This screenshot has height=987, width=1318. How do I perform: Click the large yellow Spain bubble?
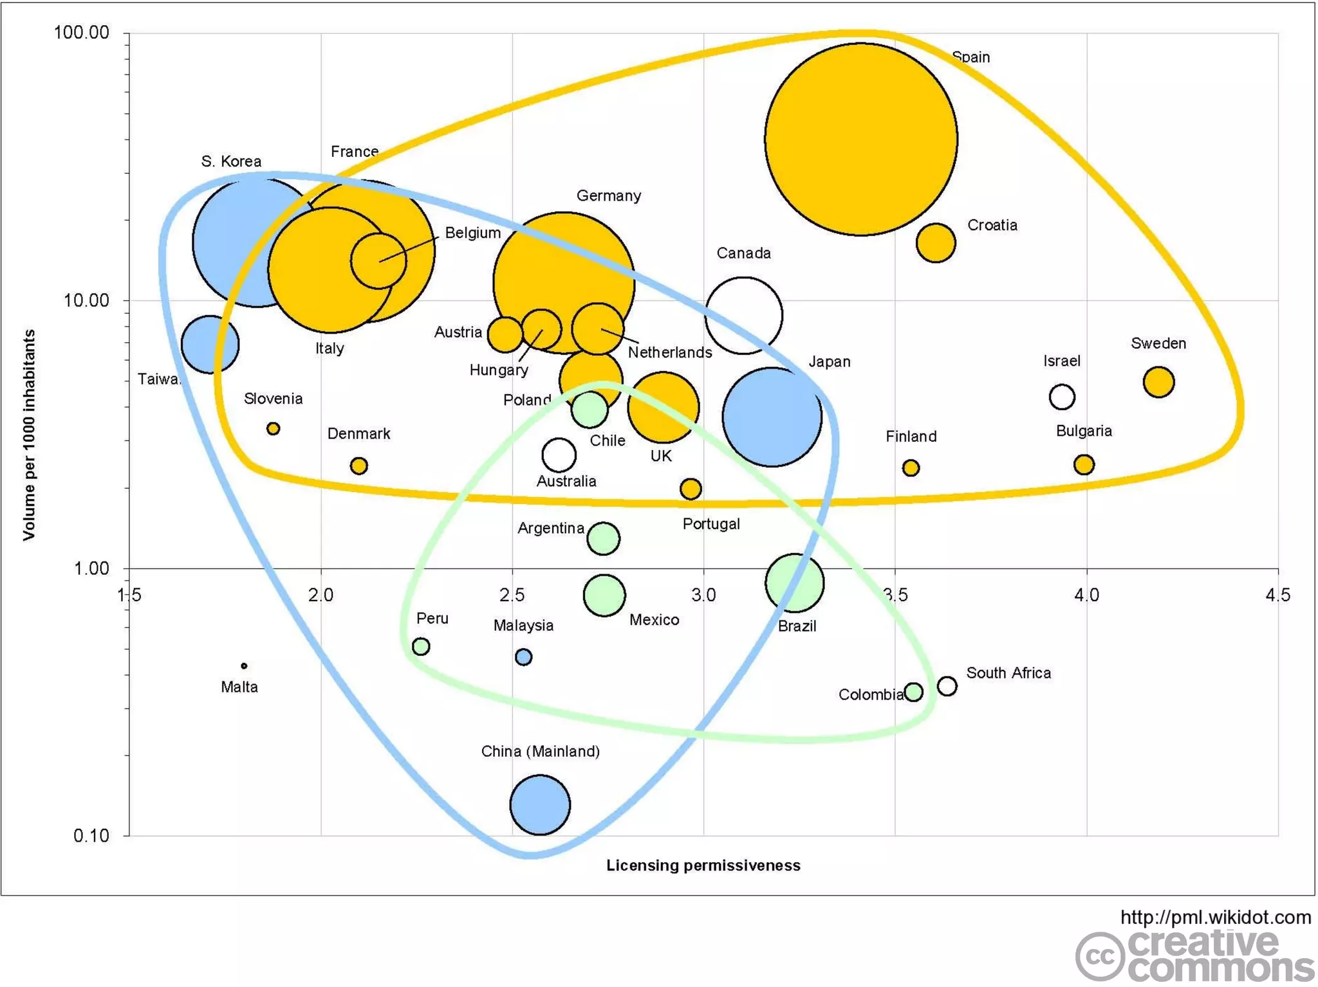pos(860,139)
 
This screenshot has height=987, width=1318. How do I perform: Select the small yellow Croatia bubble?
pos(935,243)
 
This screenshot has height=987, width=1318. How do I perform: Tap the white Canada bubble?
pos(743,316)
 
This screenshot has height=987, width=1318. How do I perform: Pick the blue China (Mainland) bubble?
pos(540,804)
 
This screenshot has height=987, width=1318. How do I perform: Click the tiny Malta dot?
pos(244,666)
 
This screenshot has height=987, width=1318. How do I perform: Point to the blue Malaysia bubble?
pos(523,657)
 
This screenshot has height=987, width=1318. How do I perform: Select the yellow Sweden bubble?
pos(1158,382)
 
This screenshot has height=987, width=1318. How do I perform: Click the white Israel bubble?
pos(1062,397)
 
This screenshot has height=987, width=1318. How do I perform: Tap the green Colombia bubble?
pos(913,692)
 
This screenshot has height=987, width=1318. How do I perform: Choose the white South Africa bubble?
pos(947,686)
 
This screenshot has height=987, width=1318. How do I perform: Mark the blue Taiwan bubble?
pos(210,345)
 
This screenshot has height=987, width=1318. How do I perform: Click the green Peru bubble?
pos(421,646)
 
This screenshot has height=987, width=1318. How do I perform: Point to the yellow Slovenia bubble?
pos(274,428)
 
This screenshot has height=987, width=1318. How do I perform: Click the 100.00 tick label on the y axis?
pos(82,33)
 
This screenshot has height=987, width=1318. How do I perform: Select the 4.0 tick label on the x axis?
pos(1086,595)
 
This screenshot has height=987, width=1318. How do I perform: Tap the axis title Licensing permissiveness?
pos(703,865)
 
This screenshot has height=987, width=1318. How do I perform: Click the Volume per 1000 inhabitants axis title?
pos(29,435)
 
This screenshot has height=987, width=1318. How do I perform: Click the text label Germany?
pos(608,195)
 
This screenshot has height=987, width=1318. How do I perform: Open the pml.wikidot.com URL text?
pos(1215,917)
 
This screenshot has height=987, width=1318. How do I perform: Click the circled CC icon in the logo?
pos(1099,957)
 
